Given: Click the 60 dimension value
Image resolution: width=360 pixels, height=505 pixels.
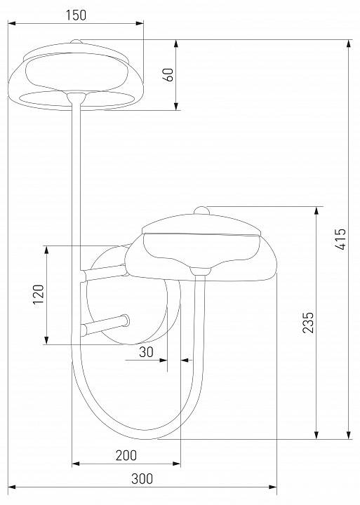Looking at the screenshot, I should pos(168,75).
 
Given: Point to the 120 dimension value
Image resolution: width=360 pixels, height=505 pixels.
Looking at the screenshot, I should pos(39,295).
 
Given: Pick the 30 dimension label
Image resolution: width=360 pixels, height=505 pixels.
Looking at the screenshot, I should pos(146,353).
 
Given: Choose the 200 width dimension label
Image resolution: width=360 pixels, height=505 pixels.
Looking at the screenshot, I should pos(126,455).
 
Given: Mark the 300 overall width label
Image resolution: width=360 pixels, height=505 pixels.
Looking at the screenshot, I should pos(142,479).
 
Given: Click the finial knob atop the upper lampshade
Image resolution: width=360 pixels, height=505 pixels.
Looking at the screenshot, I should pos(79,42).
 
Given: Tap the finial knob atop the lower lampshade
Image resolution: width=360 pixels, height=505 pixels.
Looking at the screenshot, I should pos(201,210).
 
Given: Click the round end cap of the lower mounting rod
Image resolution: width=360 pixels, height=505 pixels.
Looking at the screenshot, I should pos(124,320).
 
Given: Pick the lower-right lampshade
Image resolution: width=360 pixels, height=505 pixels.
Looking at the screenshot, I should pos(204,245).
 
